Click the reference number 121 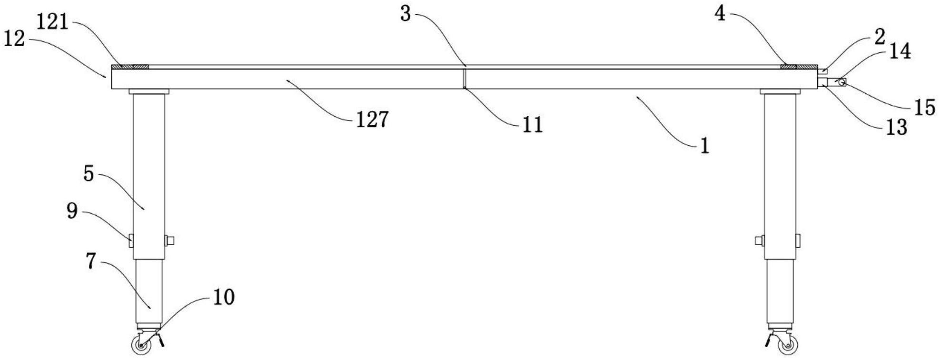point(53,22)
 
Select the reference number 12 point(14,39)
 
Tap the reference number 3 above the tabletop point(406,14)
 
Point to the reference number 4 point(721,14)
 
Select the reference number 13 point(896,127)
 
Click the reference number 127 point(373,120)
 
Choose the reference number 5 point(89,174)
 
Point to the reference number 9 point(72,210)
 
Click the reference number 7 point(91,261)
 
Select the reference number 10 point(224,297)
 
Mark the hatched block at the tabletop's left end point(130,67)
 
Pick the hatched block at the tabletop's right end point(799,67)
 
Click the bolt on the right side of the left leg point(169,240)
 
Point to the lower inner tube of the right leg point(780,291)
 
